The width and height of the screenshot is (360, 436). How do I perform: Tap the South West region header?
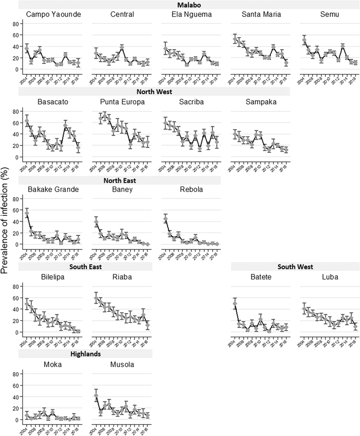click(x=296, y=266)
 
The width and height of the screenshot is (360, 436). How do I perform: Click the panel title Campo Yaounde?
click(x=47, y=15)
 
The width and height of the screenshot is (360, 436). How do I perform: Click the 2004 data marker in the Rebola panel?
click(x=166, y=219)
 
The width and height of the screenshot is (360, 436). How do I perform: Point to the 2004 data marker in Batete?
click(x=236, y=303)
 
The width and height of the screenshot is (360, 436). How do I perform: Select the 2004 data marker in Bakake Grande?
click(x=27, y=213)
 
